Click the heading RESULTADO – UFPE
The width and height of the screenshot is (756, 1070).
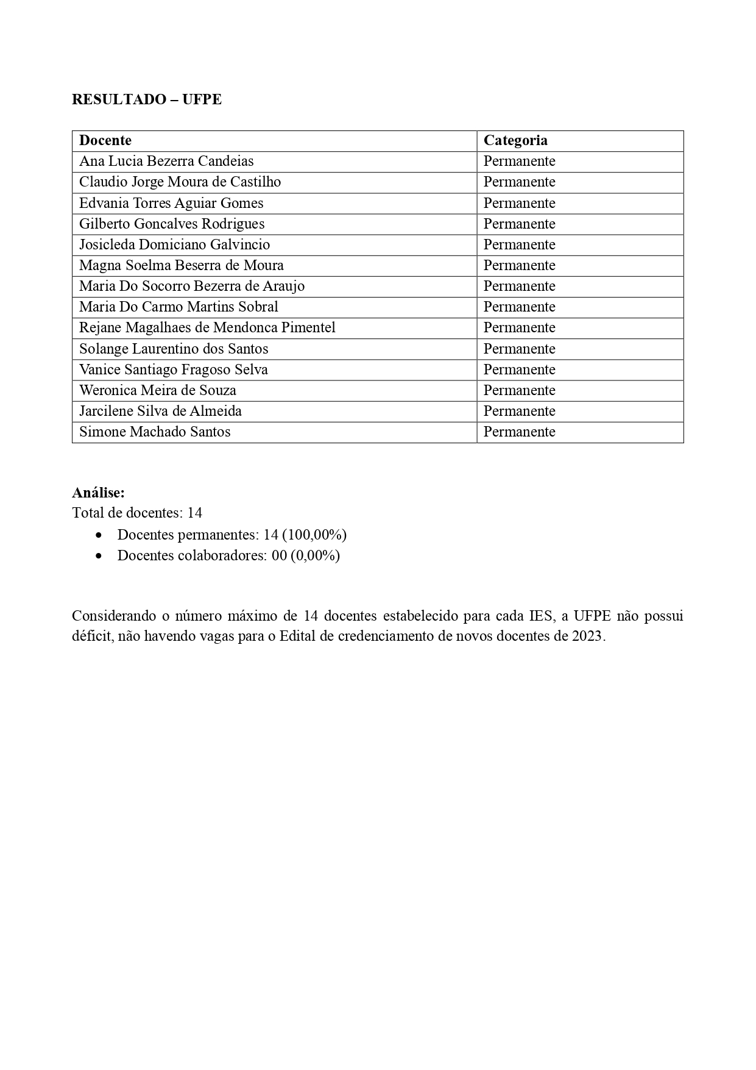(x=146, y=99)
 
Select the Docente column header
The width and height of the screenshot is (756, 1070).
(x=105, y=140)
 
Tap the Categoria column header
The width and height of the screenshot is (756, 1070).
(x=515, y=140)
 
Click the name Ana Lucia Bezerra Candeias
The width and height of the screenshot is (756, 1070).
(x=166, y=161)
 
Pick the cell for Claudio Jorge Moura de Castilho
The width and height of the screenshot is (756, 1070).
(x=180, y=182)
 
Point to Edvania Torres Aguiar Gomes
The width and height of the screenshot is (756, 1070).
(x=171, y=203)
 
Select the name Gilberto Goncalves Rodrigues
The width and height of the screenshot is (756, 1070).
(x=172, y=224)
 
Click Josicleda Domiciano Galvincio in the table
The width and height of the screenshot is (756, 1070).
(x=174, y=244)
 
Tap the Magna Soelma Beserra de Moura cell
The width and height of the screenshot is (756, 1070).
(x=181, y=265)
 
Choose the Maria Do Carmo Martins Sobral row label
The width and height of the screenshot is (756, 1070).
(x=178, y=307)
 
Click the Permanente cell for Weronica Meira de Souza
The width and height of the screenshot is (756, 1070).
(x=519, y=390)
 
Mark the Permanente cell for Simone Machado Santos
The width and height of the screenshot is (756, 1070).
(x=519, y=432)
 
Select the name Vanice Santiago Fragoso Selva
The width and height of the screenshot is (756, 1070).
(x=173, y=369)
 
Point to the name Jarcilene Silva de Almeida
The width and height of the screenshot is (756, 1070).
(x=160, y=411)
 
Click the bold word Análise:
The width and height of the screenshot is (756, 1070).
(x=98, y=493)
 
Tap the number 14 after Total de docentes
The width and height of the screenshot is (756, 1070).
(x=194, y=513)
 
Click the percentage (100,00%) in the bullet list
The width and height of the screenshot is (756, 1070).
(x=314, y=535)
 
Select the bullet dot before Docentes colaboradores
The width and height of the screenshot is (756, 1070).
(x=99, y=556)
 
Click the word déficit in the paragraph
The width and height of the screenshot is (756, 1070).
(x=91, y=637)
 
